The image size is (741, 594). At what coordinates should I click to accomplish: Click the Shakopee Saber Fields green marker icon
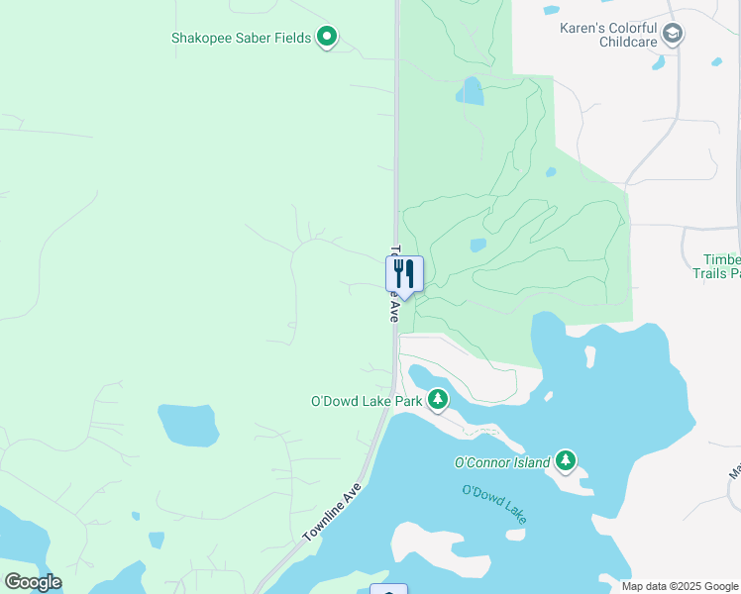point(327,39)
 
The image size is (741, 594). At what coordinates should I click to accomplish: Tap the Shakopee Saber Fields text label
point(241,39)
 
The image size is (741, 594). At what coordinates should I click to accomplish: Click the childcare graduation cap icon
point(673,36)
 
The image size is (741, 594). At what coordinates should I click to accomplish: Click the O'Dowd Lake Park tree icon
point(437,401)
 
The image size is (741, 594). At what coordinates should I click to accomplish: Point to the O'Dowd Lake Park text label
point(367,401)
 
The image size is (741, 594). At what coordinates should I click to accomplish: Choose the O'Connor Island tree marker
point(565,460)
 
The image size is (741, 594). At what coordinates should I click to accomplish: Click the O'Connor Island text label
point(501,462)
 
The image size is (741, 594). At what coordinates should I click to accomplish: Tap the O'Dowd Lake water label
point(493,503)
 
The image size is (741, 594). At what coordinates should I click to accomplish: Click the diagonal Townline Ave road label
point(332,512)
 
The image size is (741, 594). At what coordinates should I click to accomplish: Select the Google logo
point(33,582)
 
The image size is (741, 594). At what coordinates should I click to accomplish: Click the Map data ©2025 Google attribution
point(681,586)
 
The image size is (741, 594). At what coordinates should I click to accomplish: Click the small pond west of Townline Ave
point(188,425)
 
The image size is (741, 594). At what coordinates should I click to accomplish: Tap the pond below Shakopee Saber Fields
point(470,92)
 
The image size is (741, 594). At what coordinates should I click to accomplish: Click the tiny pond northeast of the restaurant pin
point(477,245)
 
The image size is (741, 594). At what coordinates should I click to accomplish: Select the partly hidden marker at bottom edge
point(388,590)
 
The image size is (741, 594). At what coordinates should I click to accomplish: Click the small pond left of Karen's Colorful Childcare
point(552,11)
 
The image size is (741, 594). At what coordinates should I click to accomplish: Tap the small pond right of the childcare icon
point(716,61)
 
